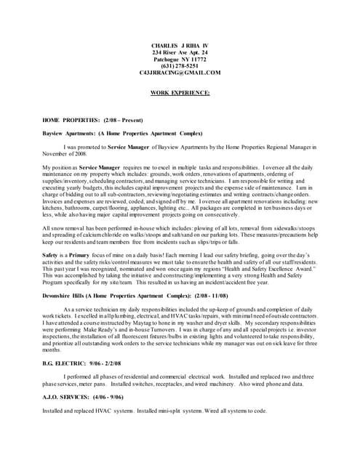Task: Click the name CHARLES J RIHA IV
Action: coord(180,46)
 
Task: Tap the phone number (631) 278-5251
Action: coord(180,67)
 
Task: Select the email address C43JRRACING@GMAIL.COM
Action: coord(180,73)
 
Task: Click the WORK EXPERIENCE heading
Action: coord(180,93)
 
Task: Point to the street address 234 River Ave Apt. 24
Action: coord(180,53)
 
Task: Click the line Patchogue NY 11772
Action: coord(180,60)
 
